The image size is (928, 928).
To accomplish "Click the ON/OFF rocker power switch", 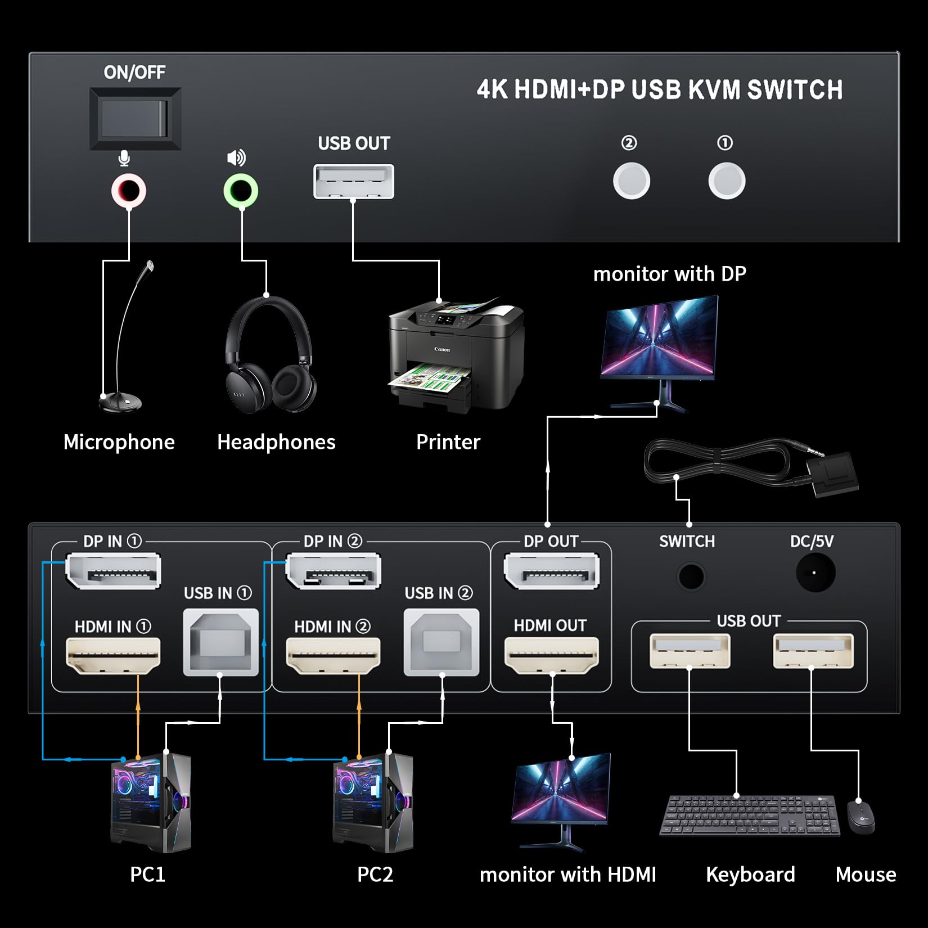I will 135,119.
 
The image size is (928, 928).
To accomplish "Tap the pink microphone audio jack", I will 129,191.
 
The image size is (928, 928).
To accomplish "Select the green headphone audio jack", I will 241,191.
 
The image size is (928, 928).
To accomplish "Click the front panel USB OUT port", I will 353,182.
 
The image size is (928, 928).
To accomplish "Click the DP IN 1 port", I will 113,571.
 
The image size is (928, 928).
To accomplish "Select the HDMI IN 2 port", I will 333,655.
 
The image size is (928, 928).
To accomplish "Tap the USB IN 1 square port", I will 220,642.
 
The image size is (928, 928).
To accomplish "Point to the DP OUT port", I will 551,571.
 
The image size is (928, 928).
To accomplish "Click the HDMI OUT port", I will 551,655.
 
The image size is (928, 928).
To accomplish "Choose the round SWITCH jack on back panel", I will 691,576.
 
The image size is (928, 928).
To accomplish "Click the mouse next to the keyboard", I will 861,817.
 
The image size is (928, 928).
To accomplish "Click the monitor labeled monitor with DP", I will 660,337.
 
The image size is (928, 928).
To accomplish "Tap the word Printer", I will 448,442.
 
